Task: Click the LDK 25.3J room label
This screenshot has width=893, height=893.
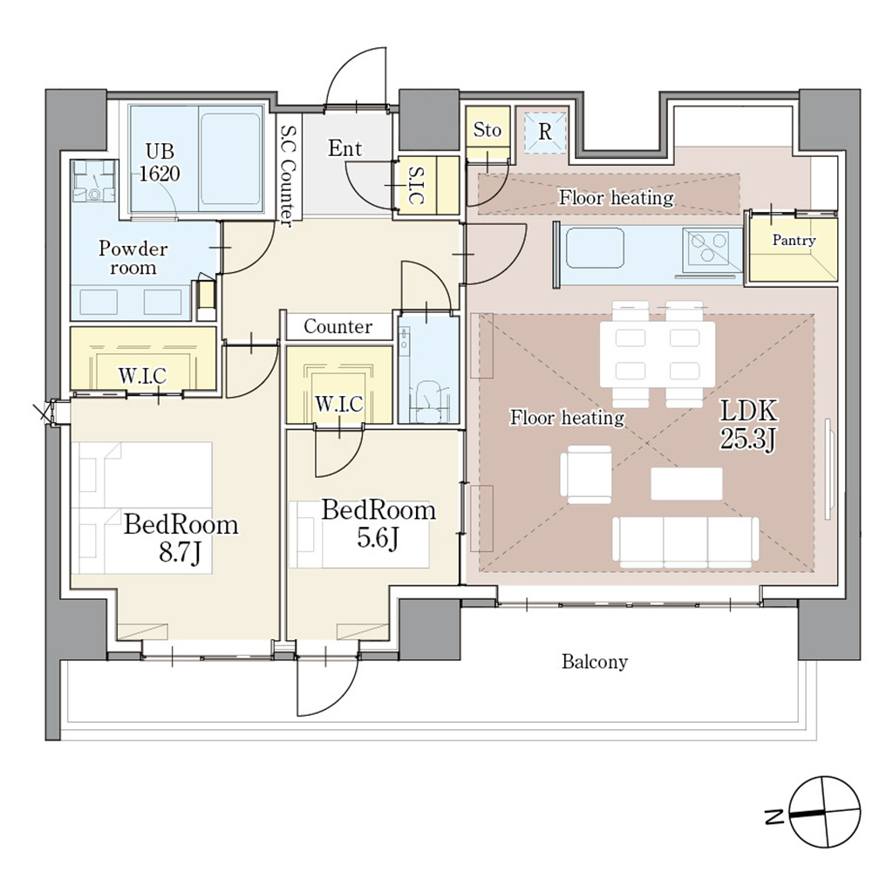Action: coord(747,426)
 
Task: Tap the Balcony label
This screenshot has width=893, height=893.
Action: coord(594,662)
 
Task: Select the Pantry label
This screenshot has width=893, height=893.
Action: coord(794,240)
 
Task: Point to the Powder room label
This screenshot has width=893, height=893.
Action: coord(133,258)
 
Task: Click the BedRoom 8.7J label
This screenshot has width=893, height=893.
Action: coord(181,538)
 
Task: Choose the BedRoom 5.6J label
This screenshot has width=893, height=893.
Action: coord(378,523)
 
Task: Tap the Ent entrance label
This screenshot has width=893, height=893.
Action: coord(344,149)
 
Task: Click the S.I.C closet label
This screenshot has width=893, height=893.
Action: coord(416,186)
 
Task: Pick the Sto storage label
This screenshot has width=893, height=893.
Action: coord(487,130)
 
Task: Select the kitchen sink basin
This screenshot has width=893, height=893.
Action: coord(596,249)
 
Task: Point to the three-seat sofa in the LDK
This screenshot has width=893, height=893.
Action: coord(685,542)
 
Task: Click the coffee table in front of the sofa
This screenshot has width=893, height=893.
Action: coord(686,484)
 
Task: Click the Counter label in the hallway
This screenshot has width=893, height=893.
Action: coord(337,327)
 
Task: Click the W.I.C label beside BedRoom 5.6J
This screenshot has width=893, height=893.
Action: coord(339,404)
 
